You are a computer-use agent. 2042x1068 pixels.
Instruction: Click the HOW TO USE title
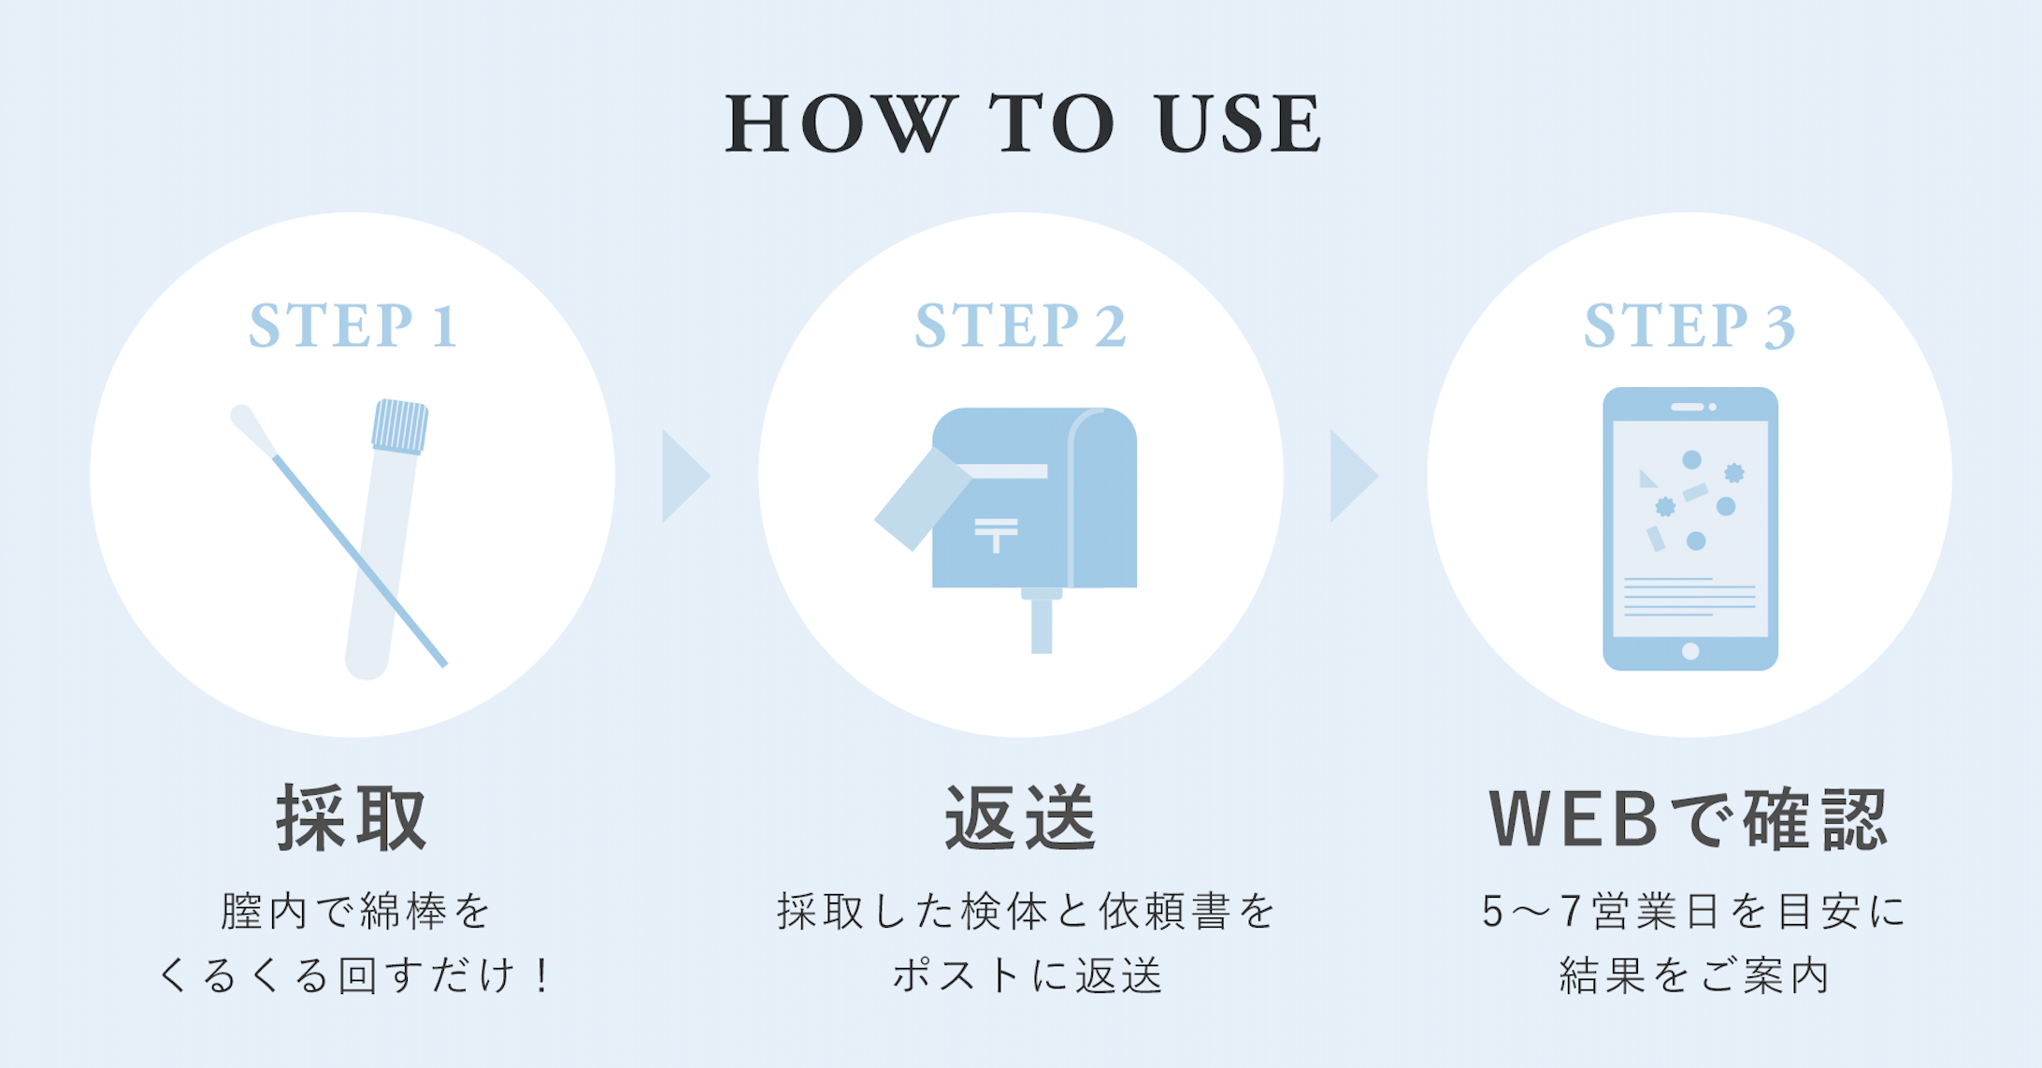coord(1023,123)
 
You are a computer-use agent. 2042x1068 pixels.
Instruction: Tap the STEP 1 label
coord(353,325)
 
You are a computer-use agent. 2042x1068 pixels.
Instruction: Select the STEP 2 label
coord(1020,325)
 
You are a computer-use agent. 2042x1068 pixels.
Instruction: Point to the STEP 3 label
coord(1689,325)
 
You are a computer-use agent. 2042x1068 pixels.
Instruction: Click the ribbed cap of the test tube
coord(400,426)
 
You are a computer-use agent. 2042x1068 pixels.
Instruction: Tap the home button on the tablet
coord(1690,651)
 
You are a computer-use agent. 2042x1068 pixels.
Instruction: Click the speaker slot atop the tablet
coord(1687,407)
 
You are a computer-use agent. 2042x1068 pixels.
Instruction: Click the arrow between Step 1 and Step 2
coord(683,476)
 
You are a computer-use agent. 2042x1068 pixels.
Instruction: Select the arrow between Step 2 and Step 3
coord(1351,476)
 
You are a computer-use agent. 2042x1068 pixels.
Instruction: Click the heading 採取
coord(352,818)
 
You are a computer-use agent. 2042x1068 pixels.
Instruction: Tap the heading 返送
coord(1020,818)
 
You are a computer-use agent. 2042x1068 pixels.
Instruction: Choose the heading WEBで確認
coord(1689,819)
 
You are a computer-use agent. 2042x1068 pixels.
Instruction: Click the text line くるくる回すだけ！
coord(353,976)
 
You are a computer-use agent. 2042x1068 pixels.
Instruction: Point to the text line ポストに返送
coord(1027,976)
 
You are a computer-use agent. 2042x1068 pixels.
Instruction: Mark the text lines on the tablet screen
coord(1689,597)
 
